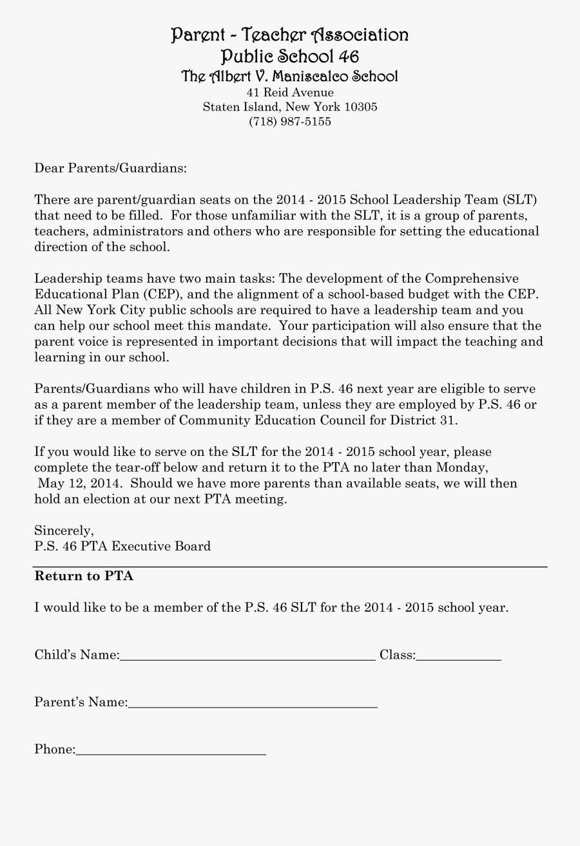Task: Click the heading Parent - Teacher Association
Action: [289, 35]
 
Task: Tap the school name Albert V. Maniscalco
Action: [289, 77]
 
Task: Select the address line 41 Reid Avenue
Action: [290, 93]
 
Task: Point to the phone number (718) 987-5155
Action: [290, 121]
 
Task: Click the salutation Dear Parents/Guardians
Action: [110, 169]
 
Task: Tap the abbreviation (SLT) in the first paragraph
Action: [519, 200]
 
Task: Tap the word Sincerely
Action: [64, 531]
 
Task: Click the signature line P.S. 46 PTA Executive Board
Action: [122, 547]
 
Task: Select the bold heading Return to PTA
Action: [84, 576]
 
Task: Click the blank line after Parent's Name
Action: [252, 705]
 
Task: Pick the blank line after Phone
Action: [171, 752]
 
